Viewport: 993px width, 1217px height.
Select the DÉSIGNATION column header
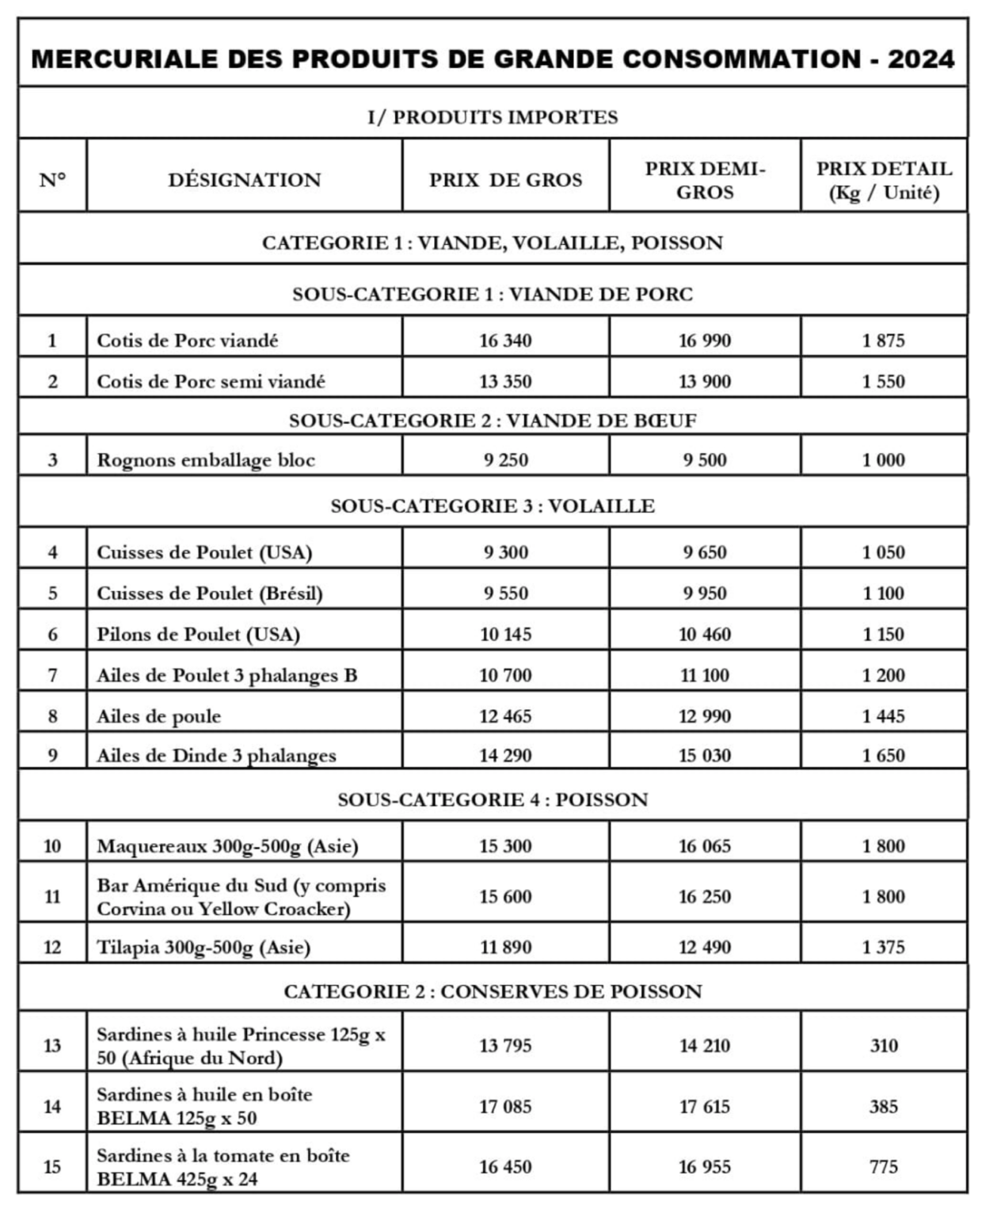click(244, 180)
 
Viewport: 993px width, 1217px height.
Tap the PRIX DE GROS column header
click(505, 180)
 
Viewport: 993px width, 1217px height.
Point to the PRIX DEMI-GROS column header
click(705, 180)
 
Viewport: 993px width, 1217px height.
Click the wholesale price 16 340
click(505, 341)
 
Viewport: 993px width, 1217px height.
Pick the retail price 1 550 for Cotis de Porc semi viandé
click(883, 381)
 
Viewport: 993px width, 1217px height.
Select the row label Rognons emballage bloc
click(206, 460)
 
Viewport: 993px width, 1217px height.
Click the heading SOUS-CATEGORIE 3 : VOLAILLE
click(493, 505)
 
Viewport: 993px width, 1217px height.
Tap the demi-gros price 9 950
click(705, 593)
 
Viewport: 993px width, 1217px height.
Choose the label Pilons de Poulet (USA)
click(198, 634)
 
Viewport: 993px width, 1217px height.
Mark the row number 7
click(52, 675)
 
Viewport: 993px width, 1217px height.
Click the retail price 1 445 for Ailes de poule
click(883, 716)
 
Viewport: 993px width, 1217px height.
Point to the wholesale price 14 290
click(505, 755)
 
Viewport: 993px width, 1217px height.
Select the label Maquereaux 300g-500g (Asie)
click(227, 846)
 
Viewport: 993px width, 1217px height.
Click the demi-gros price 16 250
click(705, 896)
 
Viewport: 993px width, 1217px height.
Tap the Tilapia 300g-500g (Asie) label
click(204, 947)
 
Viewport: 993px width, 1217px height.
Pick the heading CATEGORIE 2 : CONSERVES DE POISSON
click(493, 991)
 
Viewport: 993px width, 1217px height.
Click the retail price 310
click(883, 1045)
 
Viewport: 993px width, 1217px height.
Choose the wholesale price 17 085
click(505, 1106)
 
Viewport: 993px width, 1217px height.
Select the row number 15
click(52, 1166)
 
